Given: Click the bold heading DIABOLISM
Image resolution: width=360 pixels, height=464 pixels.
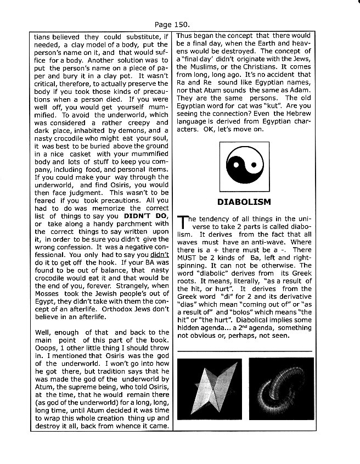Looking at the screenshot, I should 244,202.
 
